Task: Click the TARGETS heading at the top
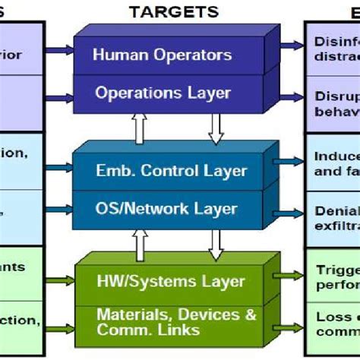click(x=173, y=11)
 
